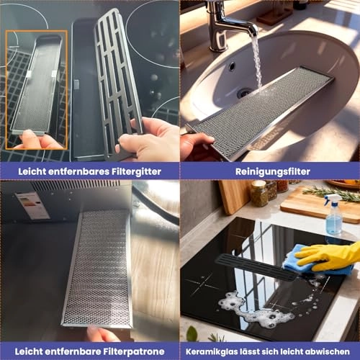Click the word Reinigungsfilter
(x=273, y=171)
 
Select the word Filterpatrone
(x=134, y=351)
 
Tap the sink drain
(x=244, y=93)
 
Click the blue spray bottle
(x=334, y=214)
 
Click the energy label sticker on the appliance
(x=32, y=205)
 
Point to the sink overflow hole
(x=232, y=66)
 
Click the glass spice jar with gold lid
(x=259, y=194)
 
